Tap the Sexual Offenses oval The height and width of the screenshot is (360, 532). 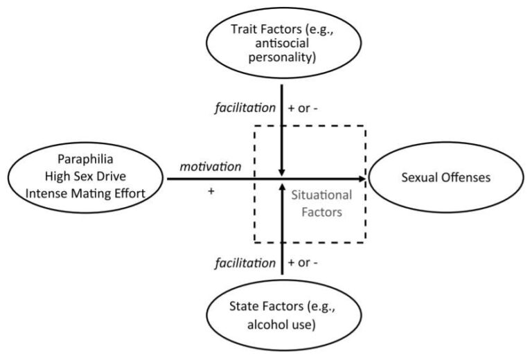coord(446,179)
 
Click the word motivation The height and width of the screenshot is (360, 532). coord(211,167)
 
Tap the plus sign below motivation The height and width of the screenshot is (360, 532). coord(211,191)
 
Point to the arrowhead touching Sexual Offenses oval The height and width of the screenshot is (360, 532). coord(362,179)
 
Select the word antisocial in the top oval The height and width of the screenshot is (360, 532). coord(282,44)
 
